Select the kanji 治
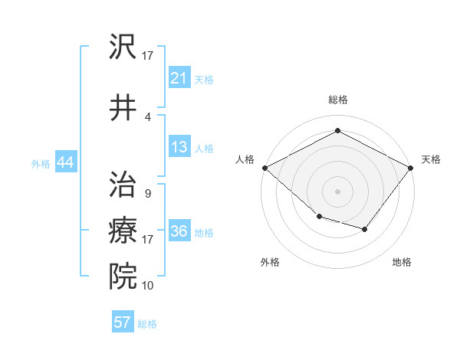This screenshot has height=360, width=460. click(x=123, y=185)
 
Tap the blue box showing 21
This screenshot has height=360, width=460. click(x=179, y=77)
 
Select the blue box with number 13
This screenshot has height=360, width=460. click(x=179, y=147)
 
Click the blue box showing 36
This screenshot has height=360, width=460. click(x=179, y=231)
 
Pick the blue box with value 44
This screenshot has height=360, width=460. click(x=65, y=163)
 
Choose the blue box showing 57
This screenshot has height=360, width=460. click(x=122, y=322)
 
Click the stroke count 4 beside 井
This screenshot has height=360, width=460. click(x=147, y=117)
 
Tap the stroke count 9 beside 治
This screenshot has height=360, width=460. click(x=147, y=194)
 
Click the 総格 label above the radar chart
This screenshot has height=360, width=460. click(x=337, y=100)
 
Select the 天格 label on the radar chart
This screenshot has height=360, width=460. click(x=431, y=159)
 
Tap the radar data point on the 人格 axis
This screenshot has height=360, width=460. click(x=264, y=168)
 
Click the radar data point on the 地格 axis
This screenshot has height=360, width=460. click(x=365, y=229)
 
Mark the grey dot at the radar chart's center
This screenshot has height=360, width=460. click(x=337, y=191)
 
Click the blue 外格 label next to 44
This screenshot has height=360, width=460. click(x=40, y=164)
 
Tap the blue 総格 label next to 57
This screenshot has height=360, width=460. click(x=147, y=323)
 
